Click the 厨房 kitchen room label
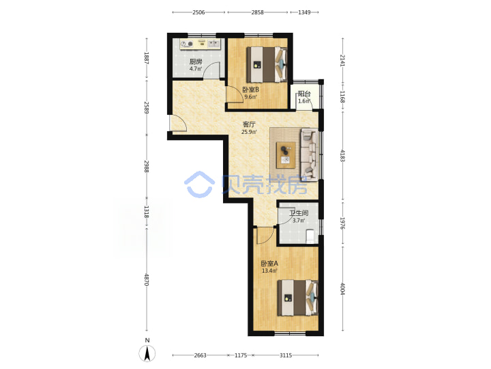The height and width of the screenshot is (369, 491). tap(196, 61)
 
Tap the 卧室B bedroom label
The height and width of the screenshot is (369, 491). tap(251, 90)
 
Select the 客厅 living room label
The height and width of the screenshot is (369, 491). tap(250, 124)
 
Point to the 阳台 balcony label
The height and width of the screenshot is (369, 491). tap(304, 94)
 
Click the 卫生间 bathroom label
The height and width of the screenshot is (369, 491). tap(299, 213)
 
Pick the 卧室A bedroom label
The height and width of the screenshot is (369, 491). tap(269, 264)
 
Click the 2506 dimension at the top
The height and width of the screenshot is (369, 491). tap(198, 12)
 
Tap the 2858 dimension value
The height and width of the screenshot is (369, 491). tap(257, 12)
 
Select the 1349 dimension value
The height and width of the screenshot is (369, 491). tap(304, 12)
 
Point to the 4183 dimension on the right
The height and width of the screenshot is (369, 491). tap(342, 156)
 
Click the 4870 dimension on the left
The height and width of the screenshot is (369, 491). tap(147, 279)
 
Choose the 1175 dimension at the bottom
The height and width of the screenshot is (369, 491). tap(241, 355)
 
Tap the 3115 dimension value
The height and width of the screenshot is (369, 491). tap(286, 355)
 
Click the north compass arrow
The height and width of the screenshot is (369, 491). tap(147, 353)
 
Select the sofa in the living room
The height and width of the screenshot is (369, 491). tap(309, 154)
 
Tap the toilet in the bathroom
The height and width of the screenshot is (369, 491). tap(310, 236)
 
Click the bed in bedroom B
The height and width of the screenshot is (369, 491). tap(267, 64)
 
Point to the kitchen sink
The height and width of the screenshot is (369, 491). tap(214, 44)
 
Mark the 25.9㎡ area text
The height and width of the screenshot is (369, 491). tap(249, 132)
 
